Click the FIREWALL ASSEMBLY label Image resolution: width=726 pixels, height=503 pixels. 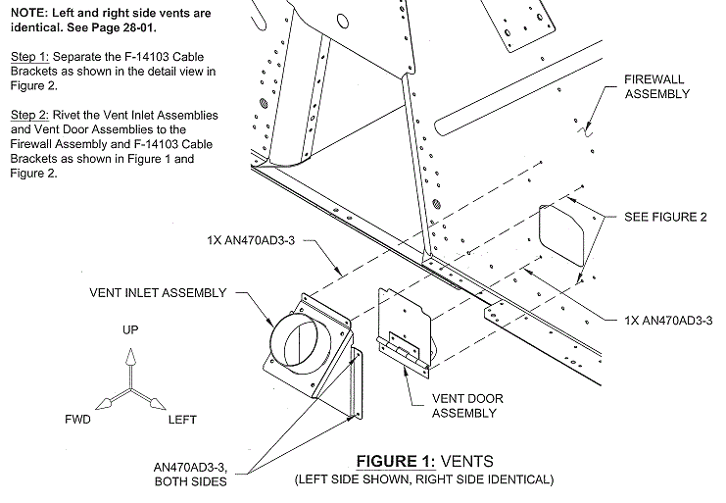(656, 85)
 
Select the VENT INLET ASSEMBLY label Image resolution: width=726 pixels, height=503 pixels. (158, 293)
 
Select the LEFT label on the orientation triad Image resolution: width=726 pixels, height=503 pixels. (182, 420)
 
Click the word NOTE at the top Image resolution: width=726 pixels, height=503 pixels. (26, 15)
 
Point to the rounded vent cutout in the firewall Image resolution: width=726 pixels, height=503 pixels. (566, 233)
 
